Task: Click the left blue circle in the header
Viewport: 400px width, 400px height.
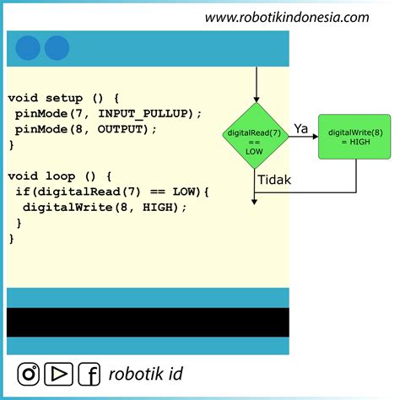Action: tap(28, 48)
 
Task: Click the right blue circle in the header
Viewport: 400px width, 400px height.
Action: tap(57, 48)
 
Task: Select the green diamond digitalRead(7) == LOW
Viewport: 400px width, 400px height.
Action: tap(254, 137)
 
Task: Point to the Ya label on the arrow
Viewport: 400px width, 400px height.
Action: tap(301, 127)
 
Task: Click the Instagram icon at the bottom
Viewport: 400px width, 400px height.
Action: tap(30, 373)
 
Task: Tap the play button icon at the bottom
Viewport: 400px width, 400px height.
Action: tap(58, 373)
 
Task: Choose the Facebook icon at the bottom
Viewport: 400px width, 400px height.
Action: tap(89, 373)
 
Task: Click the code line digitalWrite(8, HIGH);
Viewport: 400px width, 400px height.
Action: tap(104, 207)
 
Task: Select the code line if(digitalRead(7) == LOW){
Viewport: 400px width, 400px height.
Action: tap(111, 192)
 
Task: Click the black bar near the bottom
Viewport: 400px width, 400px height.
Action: tap(148, 322)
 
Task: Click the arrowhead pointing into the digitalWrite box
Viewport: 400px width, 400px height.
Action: tap(314, 137)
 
